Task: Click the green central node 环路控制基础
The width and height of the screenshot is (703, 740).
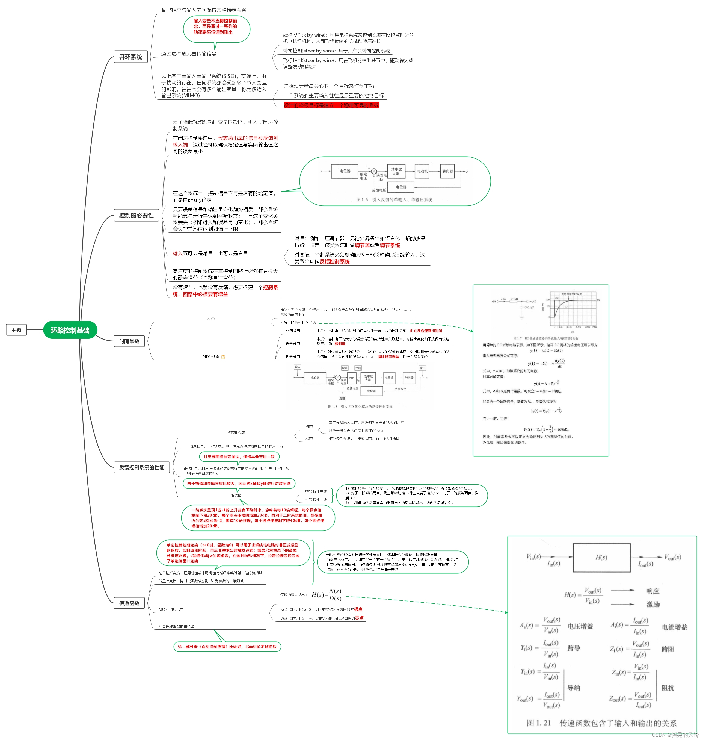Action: [x=70, y=330]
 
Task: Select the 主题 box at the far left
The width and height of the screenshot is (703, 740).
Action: [x=16, y=330]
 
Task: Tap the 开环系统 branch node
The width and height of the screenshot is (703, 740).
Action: [x=130, y=57]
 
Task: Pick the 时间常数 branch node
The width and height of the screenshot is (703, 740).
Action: [x=129, y=341]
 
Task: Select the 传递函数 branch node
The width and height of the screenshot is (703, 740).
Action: [x=129, y=603]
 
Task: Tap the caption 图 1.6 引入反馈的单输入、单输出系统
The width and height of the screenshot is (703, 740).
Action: [x=394, y=200]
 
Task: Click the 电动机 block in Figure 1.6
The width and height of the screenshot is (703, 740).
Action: [x=422, y=171]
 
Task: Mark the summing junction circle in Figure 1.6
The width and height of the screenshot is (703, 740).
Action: [x=373, y=171]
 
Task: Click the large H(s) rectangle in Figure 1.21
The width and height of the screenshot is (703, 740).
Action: [x=601, y=558]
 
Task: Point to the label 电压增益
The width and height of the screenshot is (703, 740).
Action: [x=580, y=626]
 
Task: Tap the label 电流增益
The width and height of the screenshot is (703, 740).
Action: [x=674, y=627]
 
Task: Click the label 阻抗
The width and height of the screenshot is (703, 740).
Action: [x=668, y=688]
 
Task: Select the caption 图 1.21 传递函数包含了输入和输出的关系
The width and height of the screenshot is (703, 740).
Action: [x=601, y=723]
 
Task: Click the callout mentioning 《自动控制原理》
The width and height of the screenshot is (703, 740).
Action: [x=227, y=647]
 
